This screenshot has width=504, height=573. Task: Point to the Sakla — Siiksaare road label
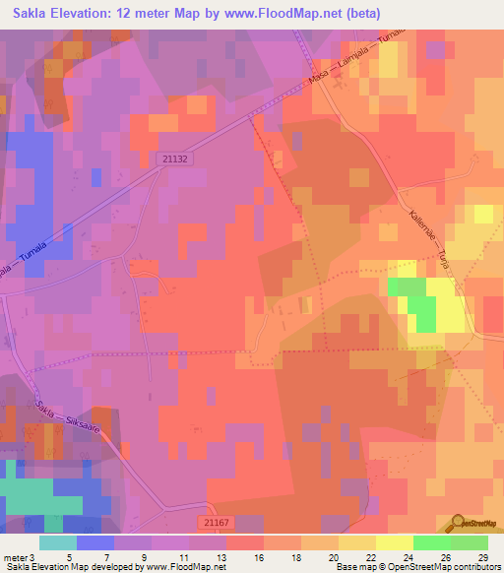coord(69,424)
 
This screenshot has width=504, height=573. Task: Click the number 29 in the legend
coord(481,556)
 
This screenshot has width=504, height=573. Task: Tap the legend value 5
coord(69,556)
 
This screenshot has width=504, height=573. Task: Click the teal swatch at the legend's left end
coord(58,542)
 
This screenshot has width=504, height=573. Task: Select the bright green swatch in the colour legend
coord(431,542)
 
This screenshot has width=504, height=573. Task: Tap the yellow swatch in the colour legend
coord(394,542)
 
